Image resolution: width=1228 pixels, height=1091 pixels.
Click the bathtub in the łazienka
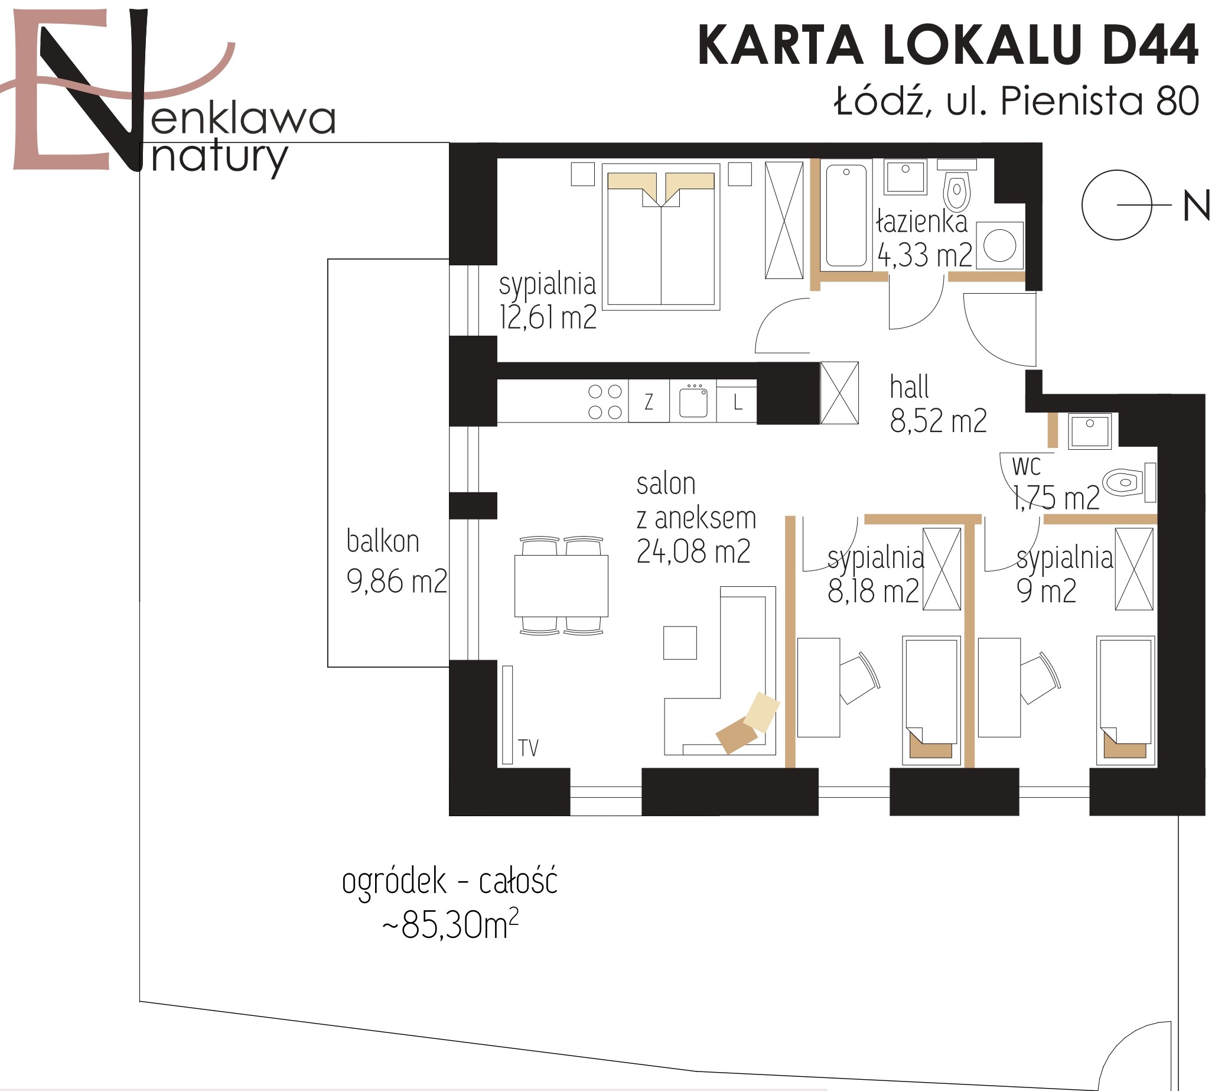tap(846, 215)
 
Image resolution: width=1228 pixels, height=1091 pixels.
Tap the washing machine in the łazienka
tap(999, 246)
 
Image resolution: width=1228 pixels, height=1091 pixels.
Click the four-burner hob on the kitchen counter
tap(605, 401)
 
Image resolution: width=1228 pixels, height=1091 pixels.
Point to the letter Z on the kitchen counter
tap(649, 401)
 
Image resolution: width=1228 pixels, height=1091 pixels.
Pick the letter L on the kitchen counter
tap(738, 401)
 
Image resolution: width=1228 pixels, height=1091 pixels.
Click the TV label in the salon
tap(529, 748)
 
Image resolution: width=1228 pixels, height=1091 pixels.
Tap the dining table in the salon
tap(561, 586)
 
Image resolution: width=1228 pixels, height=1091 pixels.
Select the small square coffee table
tap(680, 642)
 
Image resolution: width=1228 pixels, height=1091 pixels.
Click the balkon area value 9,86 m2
tap(396, 582)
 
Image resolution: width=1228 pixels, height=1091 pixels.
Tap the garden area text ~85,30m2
tap(451, 924)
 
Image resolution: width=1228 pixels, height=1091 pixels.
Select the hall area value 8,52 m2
tap(939, 421)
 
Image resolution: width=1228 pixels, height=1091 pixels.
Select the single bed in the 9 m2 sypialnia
tap(1125, 700)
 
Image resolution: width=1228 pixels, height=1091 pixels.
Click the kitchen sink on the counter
tap(693, 401)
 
